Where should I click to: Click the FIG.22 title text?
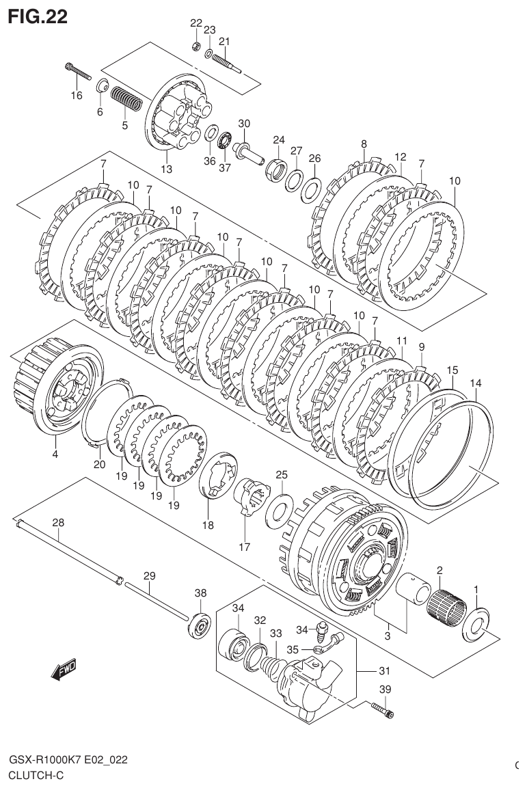38,17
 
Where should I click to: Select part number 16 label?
77,95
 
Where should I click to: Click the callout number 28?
58,523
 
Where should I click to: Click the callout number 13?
166,169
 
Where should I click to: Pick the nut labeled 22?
195,47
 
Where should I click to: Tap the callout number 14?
476,383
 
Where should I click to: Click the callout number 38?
200,593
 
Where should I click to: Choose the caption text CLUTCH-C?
36,775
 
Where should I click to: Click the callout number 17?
244,546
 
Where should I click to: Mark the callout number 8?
364,144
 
